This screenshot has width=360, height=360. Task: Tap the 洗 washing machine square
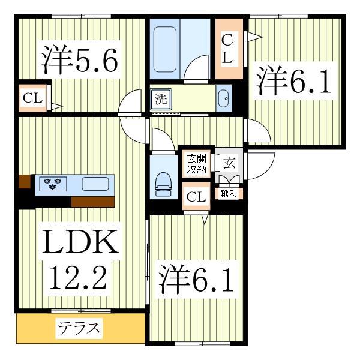point(161,99)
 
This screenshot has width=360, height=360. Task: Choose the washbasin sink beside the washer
point(223,98)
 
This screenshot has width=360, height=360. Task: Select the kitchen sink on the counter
point(95,184)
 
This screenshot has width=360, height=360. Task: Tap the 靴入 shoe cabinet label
point(229,193)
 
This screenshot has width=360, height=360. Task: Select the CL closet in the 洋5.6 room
point(34,98)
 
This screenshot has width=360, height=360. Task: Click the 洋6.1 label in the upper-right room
point(295,83)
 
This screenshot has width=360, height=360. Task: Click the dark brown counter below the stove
point(92,201)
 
